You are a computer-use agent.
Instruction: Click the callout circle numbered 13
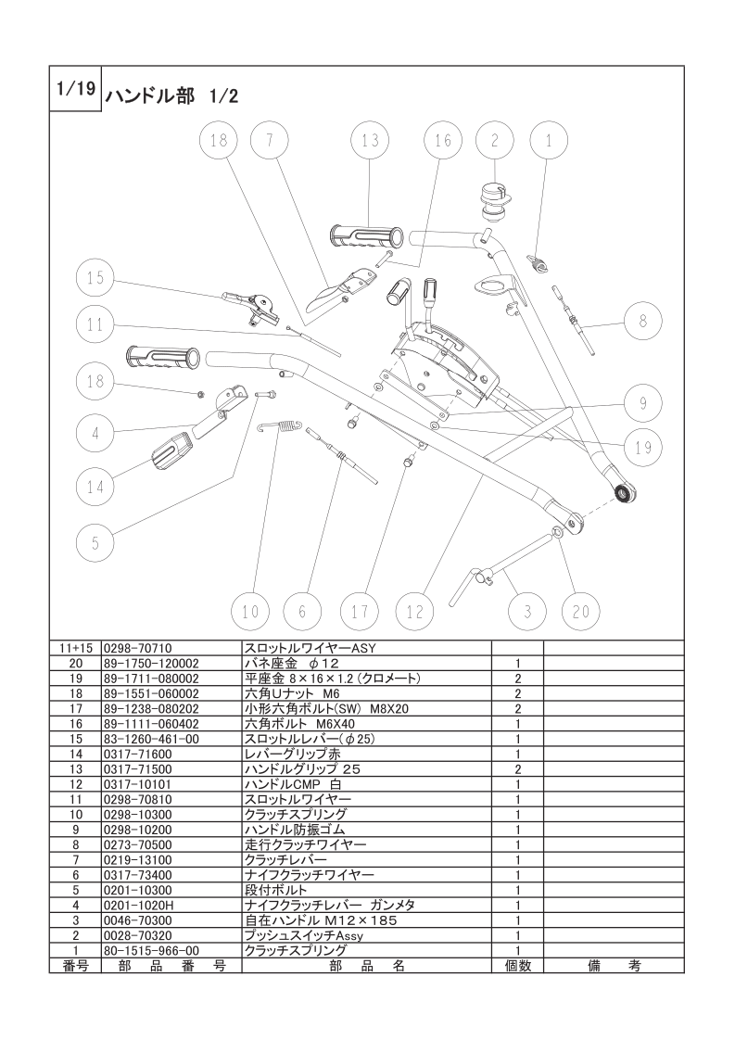point(370,140)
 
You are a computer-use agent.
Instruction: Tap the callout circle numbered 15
point(95,277)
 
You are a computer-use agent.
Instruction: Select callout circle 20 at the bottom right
point(580,611)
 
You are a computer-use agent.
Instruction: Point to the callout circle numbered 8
point(643,322)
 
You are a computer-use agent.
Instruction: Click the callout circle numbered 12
point(414,611)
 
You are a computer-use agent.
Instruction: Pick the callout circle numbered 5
point(95,542)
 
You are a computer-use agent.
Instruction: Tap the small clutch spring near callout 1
point(541,262)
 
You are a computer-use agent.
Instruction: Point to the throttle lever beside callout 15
point(253,307)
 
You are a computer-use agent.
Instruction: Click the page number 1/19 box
point(76,88)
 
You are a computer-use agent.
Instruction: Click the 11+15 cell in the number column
point(76,648)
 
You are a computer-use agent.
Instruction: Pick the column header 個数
point(517,967)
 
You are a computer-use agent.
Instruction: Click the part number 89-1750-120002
point(151,664)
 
